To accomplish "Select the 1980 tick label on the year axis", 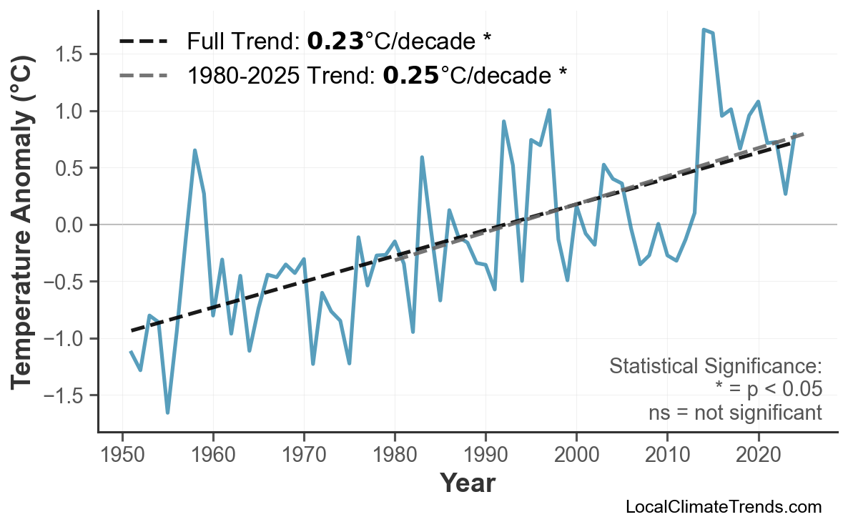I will point(395,455).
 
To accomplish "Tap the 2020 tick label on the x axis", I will point(757,455).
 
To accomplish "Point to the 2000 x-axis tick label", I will point(576,455).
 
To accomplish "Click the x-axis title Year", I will point(467,483).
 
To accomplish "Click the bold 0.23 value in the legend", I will point(335,41).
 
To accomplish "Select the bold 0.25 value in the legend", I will point(411,74).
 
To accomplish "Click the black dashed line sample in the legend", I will point(143,41).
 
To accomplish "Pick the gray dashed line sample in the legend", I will point(143,74).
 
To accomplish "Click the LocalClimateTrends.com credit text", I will point(723,507).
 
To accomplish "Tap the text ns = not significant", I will point(734,413).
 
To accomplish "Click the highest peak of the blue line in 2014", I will point(704,30).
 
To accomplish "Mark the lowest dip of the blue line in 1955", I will point(168,413).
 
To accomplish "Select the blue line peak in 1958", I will point(194,150).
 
